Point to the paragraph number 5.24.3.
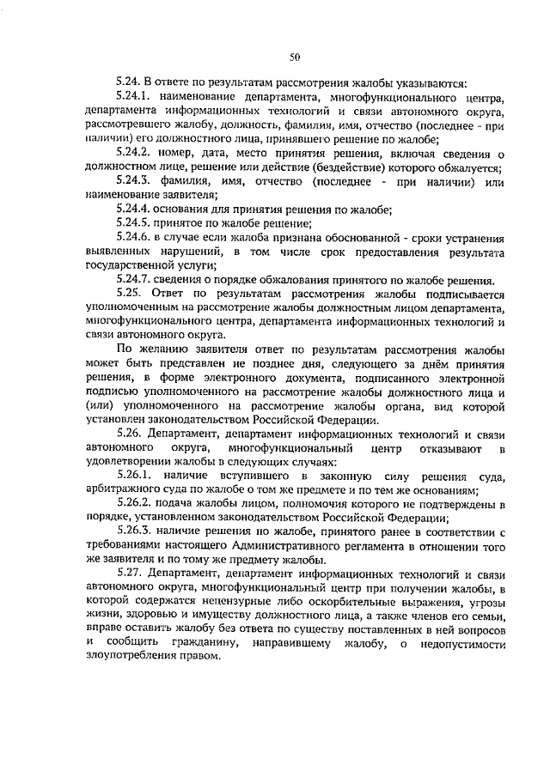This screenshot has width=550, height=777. click(133, 181)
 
